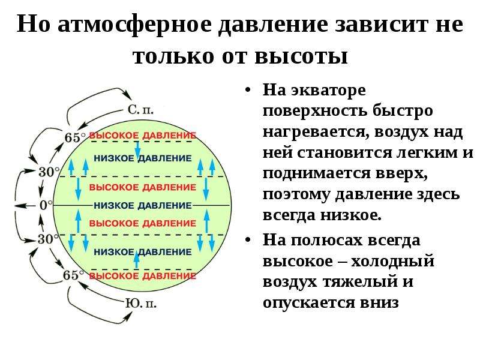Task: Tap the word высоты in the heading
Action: pyautogui.click(x=302, y=56)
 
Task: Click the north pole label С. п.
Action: pyautogui.click(x=140, y=110)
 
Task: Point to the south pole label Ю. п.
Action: pyautogui.click(x=141, y=304)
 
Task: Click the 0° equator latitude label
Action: pyautogui.click(x=46, y=205)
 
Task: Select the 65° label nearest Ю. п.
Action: pyautogui.click(x=73, y=275)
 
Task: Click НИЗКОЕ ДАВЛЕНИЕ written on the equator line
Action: pyautogui.click(x=143, y=205)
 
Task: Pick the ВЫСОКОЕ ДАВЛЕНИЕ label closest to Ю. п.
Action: pyautogui.click(x=143, y=276)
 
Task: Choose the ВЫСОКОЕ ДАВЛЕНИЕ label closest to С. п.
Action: pyautogui.click(x=143, y=136)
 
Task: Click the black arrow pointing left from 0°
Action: pyautogui.click(x=25, y=206)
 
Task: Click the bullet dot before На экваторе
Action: pyautogui.click(x=248, y=91)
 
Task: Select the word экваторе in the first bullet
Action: pyautogui.click(x=328, y=91)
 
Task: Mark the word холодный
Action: pyautogui.click(x=392, y=261)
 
